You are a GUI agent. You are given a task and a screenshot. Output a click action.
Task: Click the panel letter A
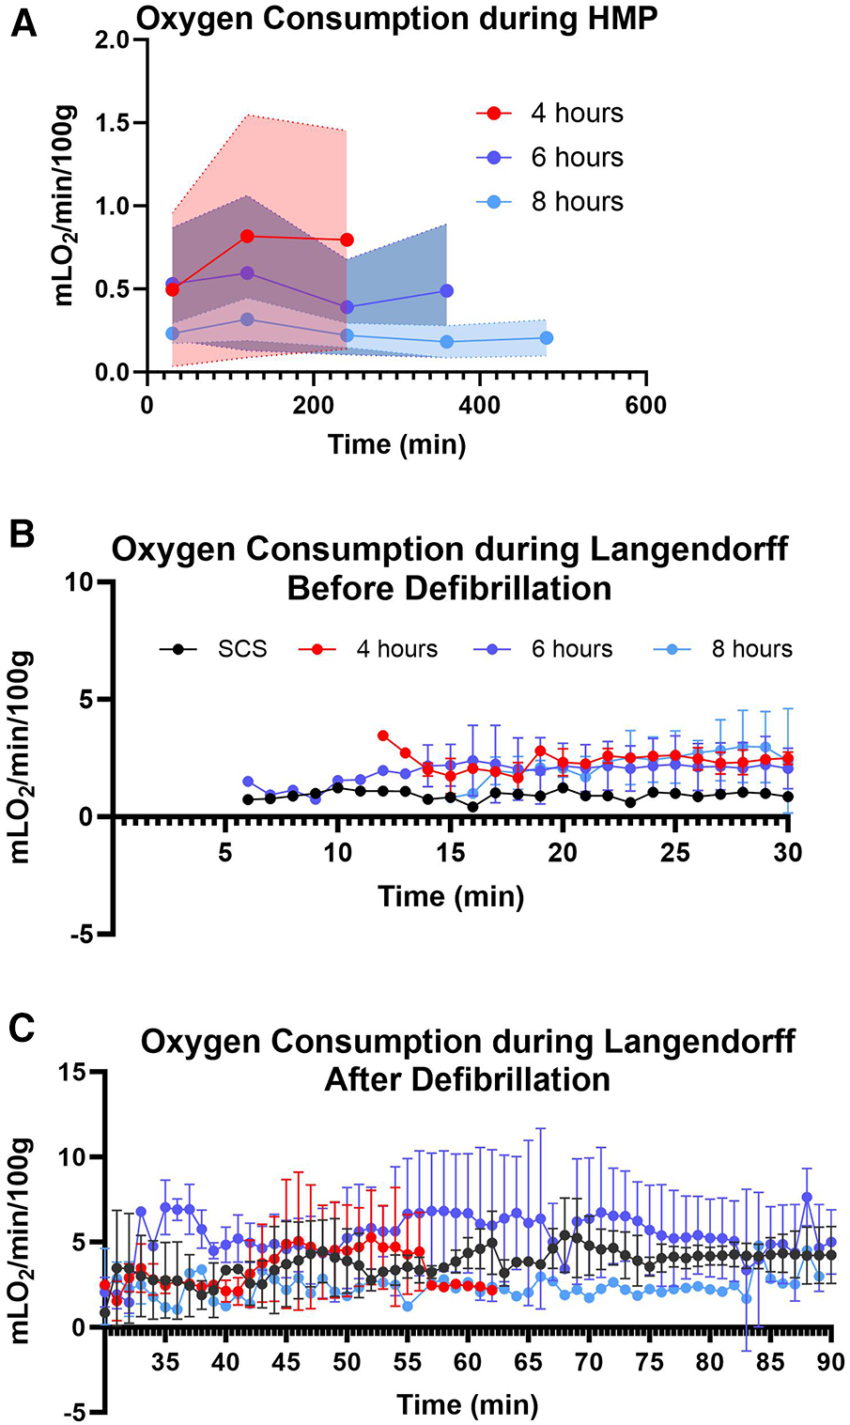(24, 22)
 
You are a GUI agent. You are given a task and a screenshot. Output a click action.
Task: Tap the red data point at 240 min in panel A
(347, 240)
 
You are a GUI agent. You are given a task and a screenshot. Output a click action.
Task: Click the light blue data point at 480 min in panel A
(547, 337)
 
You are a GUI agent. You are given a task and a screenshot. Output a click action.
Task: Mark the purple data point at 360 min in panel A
(446, 290)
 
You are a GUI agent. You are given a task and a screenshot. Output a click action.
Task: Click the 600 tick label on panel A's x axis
(645, 407)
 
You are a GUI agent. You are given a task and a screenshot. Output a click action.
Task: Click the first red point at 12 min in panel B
(382, 736)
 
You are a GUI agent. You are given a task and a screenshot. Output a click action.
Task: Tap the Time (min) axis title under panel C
(467, 1405)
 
